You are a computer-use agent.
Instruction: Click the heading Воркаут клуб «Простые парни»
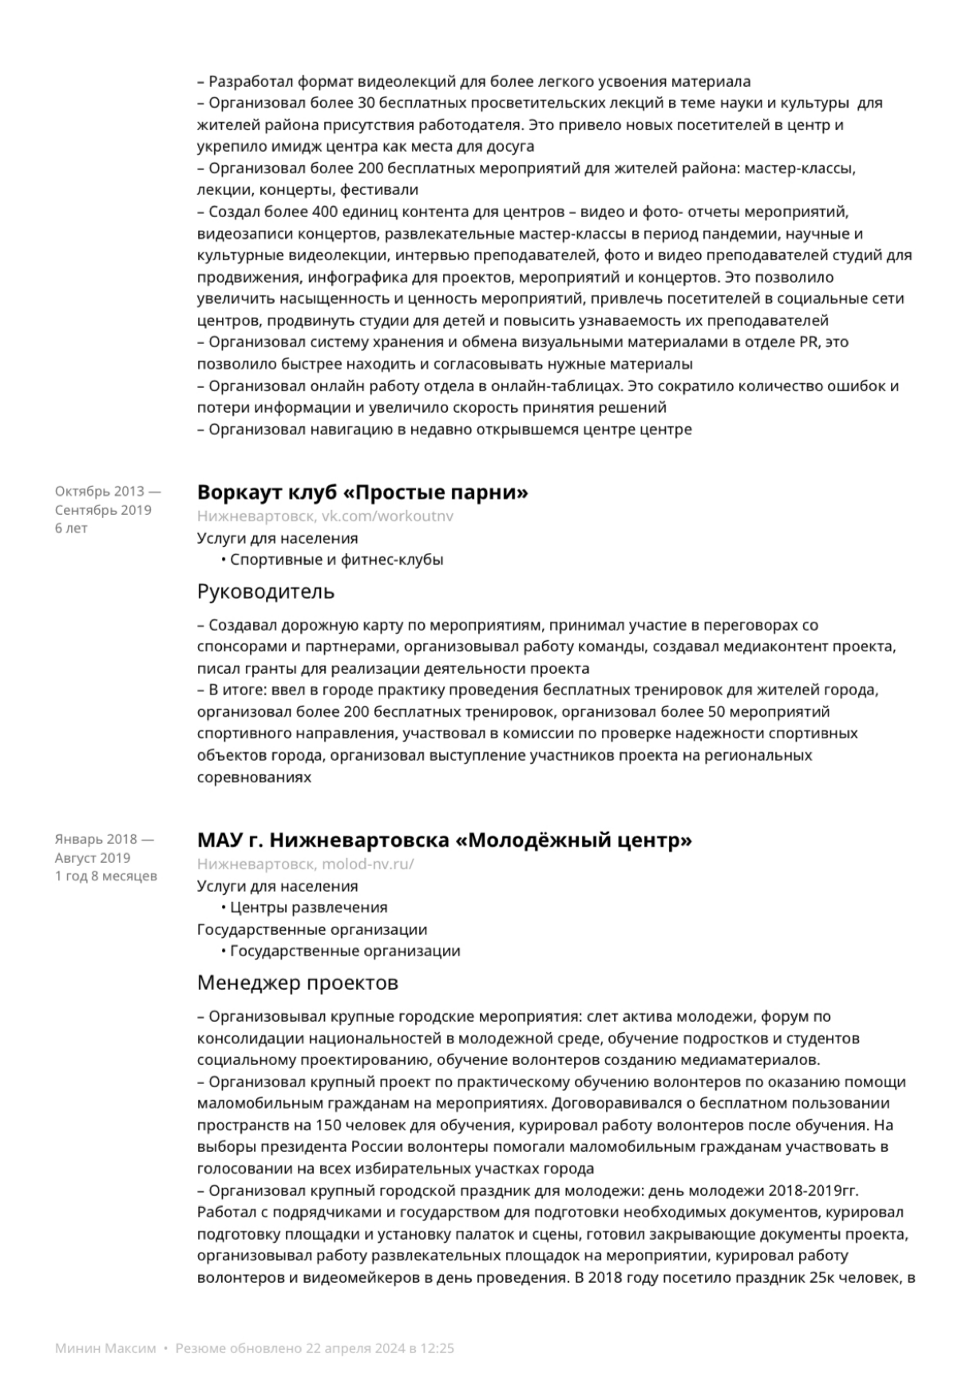362,493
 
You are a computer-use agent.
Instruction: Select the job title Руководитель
266,592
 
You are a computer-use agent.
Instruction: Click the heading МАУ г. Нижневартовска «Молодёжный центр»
444,841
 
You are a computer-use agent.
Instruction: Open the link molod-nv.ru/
368,865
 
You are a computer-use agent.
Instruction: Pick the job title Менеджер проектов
297,983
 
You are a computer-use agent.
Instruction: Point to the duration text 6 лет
71,528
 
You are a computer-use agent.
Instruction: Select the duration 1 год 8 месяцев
106,876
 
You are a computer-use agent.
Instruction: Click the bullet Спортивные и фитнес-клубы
336,560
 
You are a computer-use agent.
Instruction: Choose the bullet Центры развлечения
308,908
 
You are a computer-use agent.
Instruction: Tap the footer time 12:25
437,1349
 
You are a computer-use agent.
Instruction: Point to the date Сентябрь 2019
103,510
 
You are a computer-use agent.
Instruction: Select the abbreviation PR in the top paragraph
807,342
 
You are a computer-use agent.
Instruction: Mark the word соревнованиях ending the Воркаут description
254,777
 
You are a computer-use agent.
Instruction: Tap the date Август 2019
93,858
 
